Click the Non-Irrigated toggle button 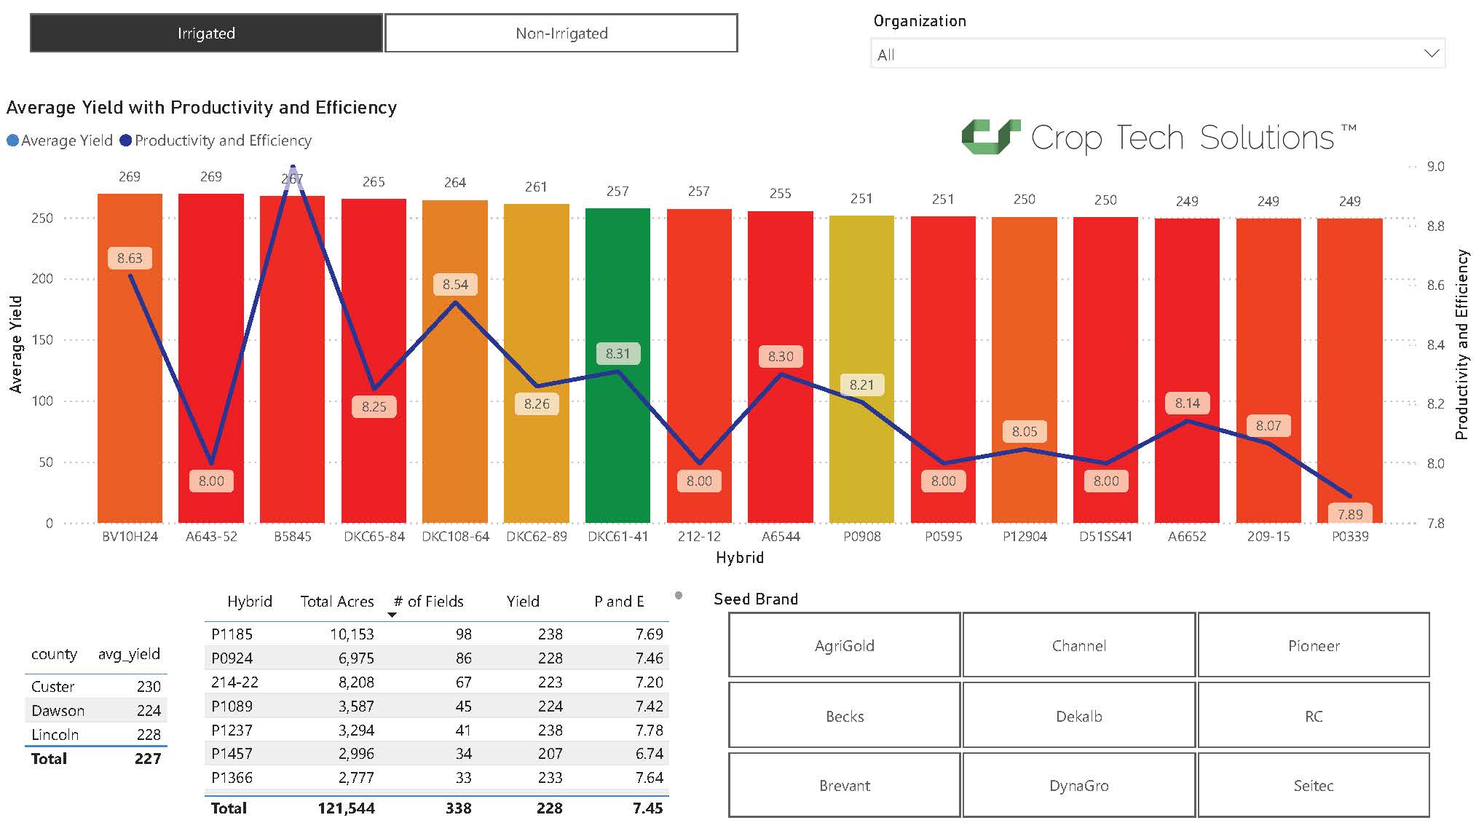[x=561, y=34]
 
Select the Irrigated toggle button [x=206, y=34]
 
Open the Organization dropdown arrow [x=1431, y=54]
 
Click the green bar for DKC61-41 [x=617, y=437]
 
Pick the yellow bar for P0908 [x=861, y=452]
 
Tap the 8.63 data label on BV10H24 [x=130, y=259]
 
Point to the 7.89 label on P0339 [x=1349, y=514]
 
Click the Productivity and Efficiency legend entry [x=216, y=141]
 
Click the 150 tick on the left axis [x=42, y=340]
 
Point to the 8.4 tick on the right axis [x=1435, y=344]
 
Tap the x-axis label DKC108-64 [x=455, y=537]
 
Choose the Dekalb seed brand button [x=1078, y=716]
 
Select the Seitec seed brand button [x=1313, y=785]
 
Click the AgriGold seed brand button [x=844, y=645]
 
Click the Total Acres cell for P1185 [x=352, y=634]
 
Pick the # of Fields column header [x=428, y=602]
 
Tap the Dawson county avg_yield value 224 [x=149, y=711]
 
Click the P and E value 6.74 [x=648, y=754]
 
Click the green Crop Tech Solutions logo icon [x=990, y=137]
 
